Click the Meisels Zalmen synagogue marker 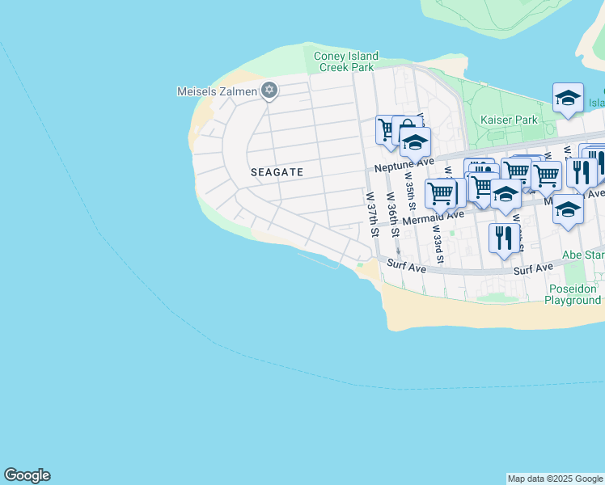(x=269, y=91)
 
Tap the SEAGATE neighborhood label (x=277, y=172)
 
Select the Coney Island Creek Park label (x=346, y=61)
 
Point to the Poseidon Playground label (x=573, y=294)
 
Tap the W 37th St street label (x=373, y=214)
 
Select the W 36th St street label (x=393, y=214)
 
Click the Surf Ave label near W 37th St (x=406, y=264)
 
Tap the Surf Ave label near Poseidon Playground (x=533, y=267)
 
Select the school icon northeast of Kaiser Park (x=568, y=99)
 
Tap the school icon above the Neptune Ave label (x=415, y=142)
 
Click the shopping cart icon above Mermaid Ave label (x=440, y=193)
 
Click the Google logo (x=27, y=475)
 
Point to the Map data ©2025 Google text (x=555, y=479)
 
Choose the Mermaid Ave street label (x=433, y=217)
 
